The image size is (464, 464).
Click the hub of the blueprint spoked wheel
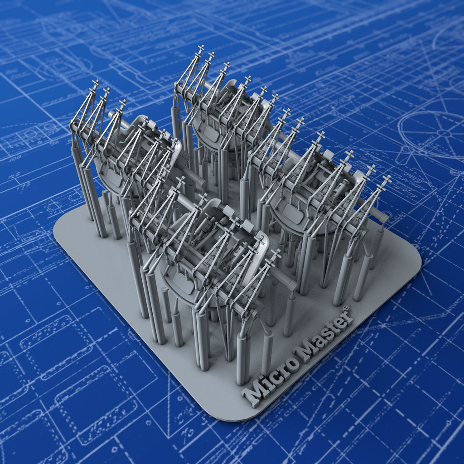[445, 133]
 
